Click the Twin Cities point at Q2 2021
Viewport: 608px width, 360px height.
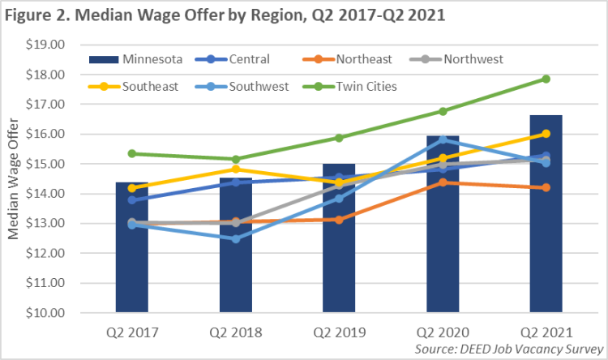(546, 79)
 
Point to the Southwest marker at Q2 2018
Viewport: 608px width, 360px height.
(235, 238)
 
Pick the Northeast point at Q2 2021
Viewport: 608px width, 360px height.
(546, 187)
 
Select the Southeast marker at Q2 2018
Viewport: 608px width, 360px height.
(235, 169)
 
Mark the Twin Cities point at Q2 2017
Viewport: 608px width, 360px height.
(131, 153)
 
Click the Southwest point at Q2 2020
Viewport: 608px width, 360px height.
(443, 139)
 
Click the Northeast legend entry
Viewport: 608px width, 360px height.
(370, 58)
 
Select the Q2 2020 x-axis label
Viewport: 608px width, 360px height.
(443, 332)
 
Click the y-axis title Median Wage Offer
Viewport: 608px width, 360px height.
(13, 178)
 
